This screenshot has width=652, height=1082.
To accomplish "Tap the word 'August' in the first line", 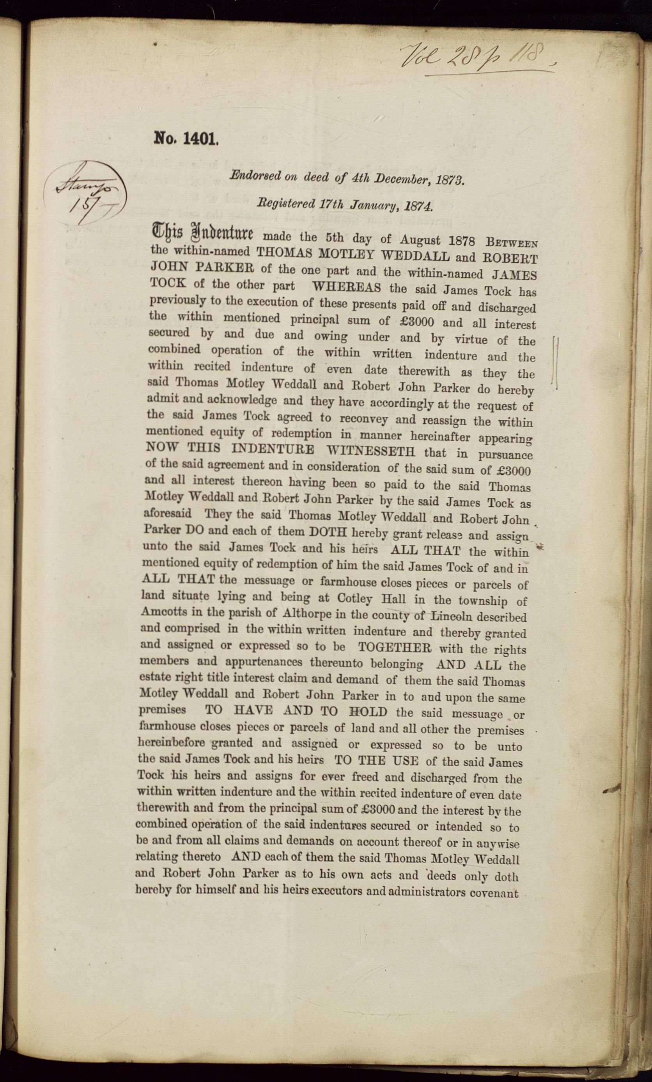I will point(420,240).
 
